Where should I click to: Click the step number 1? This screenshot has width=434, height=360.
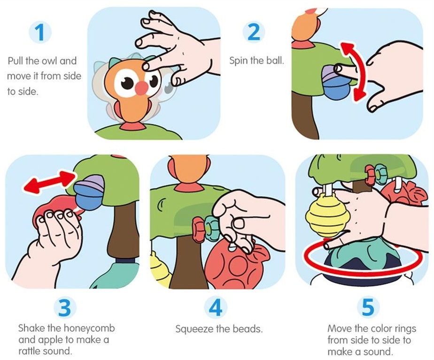(x=40, y=33)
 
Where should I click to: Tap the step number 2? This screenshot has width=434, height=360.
(x=254, y=32)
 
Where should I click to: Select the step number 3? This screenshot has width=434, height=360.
(x=64, y=307)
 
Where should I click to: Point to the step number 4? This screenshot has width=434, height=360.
(x=216, y=307)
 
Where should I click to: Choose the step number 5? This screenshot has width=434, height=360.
(x=368, y=307)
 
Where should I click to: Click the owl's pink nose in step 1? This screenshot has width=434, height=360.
(x=142, y=88)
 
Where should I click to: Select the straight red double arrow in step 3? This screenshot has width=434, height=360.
(x=49, y=182)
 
